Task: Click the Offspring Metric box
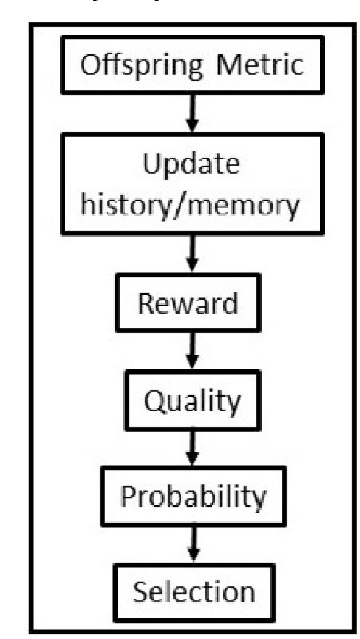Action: click(x=191, y=65)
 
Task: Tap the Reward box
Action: click(x=191, y=303)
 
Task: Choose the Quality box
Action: click(x=190, y=400)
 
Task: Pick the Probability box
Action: click(x=192, y=497)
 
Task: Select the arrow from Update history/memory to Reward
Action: click(x=190, y=253)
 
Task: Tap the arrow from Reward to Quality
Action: click(x=190, y=351)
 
